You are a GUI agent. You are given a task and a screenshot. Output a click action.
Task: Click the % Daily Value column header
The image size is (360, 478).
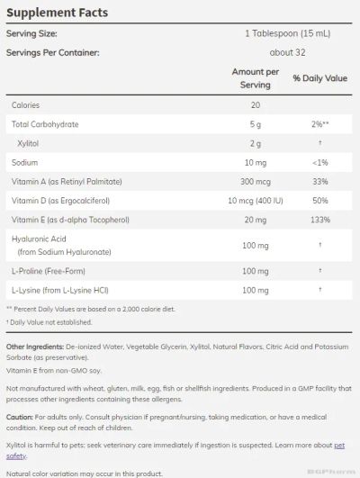[319, 79]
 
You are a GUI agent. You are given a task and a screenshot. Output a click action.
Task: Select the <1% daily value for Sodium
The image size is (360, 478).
[319, 162]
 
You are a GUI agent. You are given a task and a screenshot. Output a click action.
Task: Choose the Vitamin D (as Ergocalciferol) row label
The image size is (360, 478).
[66, 200]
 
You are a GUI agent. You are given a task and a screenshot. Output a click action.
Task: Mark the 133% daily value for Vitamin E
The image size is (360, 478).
[319, 219]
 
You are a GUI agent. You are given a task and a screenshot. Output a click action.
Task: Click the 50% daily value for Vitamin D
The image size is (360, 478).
[319, 200]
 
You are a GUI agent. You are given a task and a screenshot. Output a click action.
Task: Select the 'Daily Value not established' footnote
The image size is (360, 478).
[49, 321]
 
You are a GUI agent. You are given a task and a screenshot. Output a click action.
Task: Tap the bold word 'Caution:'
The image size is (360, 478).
[19, 418]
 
